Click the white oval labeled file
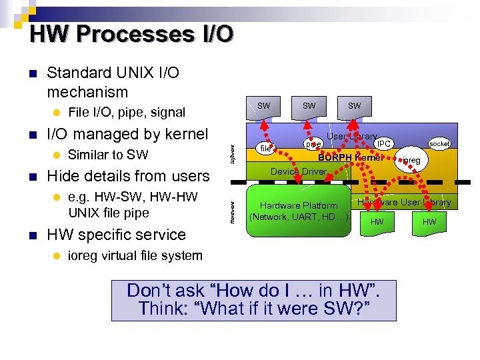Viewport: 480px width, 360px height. [265, 149]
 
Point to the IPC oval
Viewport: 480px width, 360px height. [384, 143]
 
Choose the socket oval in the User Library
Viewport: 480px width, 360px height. [440, 144]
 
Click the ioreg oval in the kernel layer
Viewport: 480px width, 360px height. [411, 161]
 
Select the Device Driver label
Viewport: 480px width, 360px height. [298, 171]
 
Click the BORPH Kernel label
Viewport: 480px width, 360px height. [351, 158]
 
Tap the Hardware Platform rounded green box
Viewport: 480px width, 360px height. [299, 211]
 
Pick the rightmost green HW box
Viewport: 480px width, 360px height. [429, 222]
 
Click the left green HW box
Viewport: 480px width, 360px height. [377, 222]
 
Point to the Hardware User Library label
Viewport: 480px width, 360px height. [404, 202]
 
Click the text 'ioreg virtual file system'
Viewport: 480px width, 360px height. [135, 255]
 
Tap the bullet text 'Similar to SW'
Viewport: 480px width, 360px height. [108, 155]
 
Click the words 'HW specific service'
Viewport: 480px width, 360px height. [116, 235]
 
